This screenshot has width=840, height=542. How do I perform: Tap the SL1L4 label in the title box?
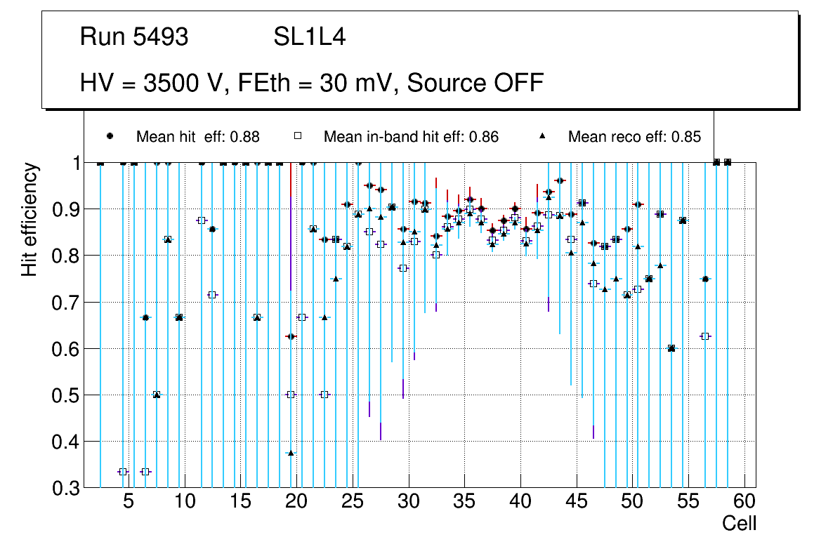coord(309,37)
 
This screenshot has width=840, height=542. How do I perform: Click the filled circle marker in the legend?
coord(110,136)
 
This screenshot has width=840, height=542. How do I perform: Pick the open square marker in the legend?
coord(298,136)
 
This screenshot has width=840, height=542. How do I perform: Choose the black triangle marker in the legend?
coord(542,136)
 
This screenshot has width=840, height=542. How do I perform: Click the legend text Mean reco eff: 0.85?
coord(634,137)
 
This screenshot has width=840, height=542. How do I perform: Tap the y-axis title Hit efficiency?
coord(29,219)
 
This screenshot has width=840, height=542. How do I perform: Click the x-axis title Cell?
coord(739,523)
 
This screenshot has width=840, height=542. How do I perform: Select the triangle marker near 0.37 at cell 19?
coord(291,453)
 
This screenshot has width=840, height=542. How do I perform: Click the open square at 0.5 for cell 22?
coord(324,395)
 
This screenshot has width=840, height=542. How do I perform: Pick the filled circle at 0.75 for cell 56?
coord(705,279)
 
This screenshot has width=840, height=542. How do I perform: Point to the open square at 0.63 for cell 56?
coord(705,336)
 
